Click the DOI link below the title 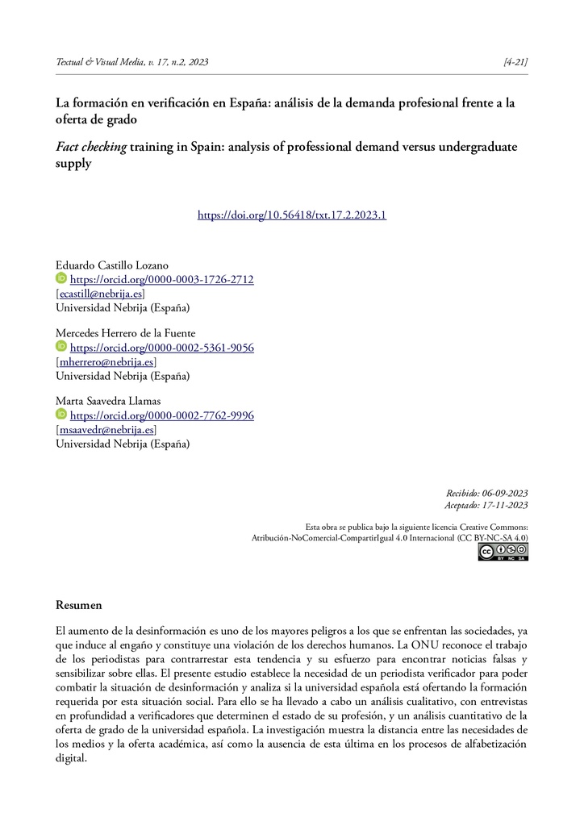[x=292, y=215]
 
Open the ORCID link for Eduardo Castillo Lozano [x=162, y=280]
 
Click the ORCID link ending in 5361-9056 [x=162, y=348]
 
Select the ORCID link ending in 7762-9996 [x=162, y=415]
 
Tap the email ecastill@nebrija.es [x=100, y=294]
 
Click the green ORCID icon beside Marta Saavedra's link [x=61, y=415]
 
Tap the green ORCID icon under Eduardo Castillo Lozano [x=61, y=279]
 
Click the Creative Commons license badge [x=503, y=552]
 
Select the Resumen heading [x=79, y=604]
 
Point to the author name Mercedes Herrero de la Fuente [x=125, y=333]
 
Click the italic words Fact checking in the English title [x=90, y=148]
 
